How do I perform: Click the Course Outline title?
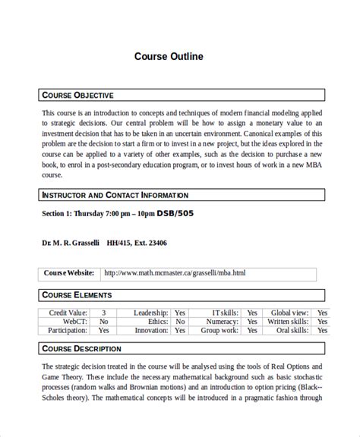[169, 56]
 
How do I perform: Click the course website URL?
[175, 273]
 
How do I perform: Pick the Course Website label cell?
[68, 273]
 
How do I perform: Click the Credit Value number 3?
[103, 313]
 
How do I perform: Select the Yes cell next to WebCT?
[103, 322]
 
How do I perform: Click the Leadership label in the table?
[151, 313]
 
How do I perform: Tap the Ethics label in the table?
[158, 322]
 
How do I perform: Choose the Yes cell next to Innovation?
[180, 331]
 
